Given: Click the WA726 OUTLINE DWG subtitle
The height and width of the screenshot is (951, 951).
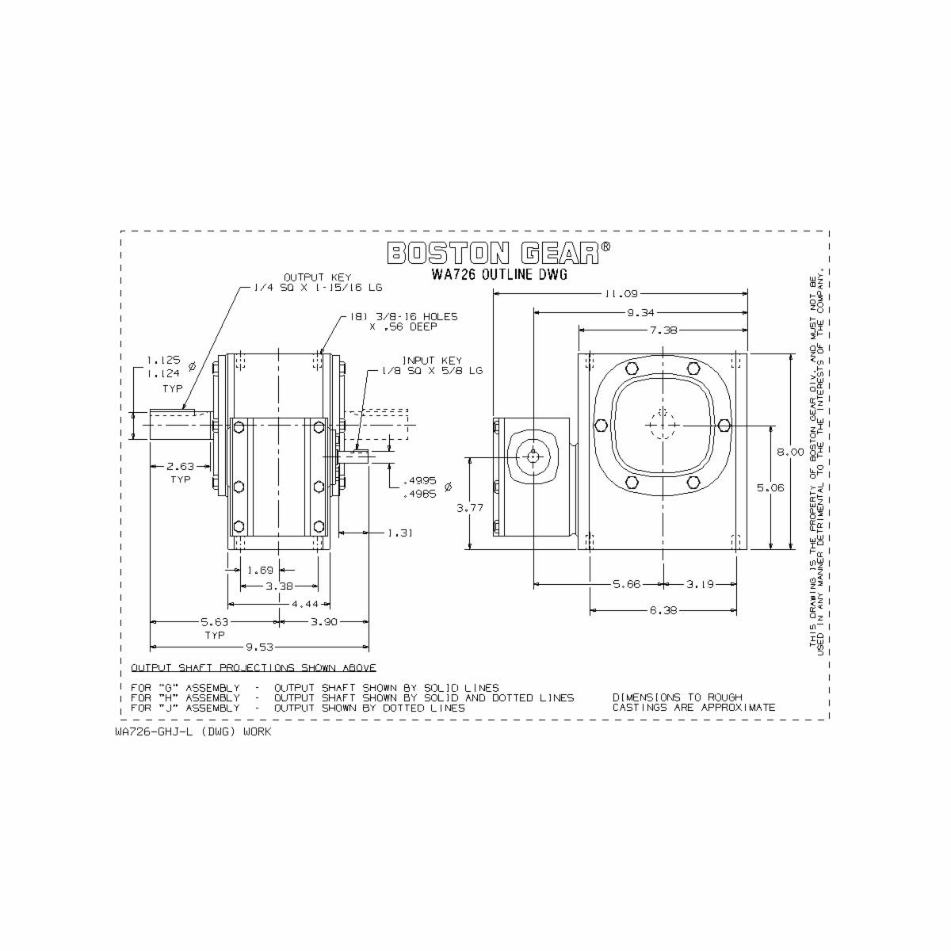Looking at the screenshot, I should [499, 275].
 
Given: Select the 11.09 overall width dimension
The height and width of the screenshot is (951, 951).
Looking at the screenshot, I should [621, 293].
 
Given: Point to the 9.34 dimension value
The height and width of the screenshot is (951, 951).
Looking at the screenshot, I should [640, 312].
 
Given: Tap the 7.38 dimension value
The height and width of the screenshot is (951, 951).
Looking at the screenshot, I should [663, 330].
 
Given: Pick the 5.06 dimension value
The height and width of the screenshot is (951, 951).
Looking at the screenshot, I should [770, 488].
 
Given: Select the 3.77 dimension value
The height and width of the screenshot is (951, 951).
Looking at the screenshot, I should [469, 509].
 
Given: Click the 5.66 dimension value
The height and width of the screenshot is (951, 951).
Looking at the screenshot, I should [627, 584].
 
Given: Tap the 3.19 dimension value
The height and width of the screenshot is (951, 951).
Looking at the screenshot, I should [700, 584].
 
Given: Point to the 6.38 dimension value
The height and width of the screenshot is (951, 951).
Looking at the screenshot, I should [663, 610].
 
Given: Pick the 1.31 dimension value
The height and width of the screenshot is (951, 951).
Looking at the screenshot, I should [400, 533].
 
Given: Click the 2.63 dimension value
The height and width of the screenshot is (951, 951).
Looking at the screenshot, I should [181, 467].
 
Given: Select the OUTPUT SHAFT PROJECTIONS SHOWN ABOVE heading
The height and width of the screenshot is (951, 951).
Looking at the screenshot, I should [254, 668].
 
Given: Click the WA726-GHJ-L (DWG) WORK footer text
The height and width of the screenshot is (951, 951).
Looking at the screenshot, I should [193, 731].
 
